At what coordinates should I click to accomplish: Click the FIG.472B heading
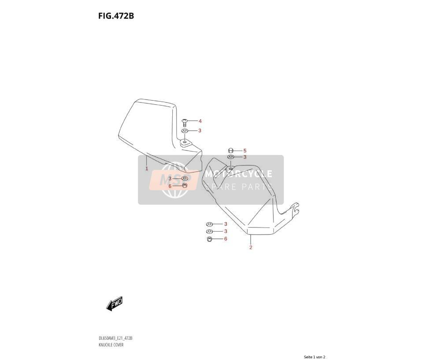coord(116,16)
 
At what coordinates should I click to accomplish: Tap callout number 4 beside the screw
coord(200,121)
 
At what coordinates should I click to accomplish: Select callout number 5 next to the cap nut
coord(244,151)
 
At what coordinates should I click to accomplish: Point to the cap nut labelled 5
coord(230,151)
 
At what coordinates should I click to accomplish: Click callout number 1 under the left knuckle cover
coord(147,169)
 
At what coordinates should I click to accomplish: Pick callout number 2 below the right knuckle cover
coord(251,247)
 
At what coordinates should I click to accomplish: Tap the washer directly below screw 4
coord(185,131)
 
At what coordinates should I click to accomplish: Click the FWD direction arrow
coord(115,304)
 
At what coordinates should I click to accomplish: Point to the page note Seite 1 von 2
coord(315,357)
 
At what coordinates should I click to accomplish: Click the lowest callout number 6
coord(226,239)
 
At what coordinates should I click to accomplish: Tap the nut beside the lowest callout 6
coord(209,239)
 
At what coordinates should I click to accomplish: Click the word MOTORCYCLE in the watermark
coord(239,174)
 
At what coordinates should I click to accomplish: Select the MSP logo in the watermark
coord(173,180)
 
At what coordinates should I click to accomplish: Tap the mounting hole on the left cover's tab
coord(185,142)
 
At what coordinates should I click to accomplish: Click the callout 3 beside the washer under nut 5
coord(244,157)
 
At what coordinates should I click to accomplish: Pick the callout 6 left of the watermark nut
coord(170,186)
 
